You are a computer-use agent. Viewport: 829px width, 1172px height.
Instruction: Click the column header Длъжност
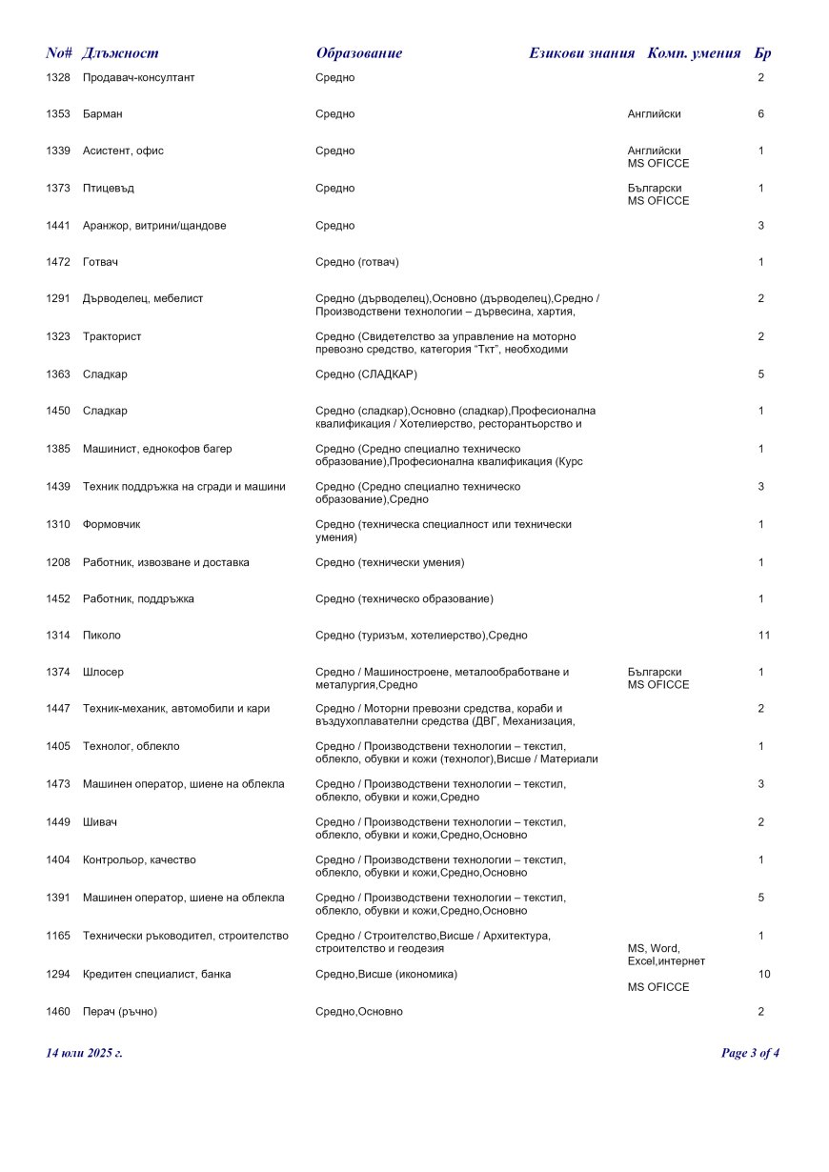tap(120, 53)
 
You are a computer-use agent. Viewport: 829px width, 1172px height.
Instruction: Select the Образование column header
tap(359, 53)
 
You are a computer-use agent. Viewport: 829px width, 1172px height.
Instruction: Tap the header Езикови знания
tap(581, 53)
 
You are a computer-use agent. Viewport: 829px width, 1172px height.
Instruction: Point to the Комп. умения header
tap(694, 53)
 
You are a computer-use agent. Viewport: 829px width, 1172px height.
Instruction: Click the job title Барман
tap(102, 114)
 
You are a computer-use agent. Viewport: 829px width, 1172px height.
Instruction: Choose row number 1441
tap(58, 226)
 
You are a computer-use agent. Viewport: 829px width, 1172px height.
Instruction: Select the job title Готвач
tap(100, 262)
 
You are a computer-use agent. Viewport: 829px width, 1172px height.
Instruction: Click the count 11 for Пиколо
tap(763, 636)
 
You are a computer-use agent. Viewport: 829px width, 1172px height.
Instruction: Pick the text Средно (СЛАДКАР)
tap(366, 374)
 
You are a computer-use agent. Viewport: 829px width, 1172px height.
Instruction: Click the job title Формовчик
tap(111, 525)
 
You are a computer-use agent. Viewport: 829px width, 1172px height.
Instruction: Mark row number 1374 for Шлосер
tap(58, 673)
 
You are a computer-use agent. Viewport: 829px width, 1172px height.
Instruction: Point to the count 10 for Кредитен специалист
tap(763, 975)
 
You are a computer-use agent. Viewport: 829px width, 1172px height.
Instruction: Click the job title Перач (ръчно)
tap(120, 1012)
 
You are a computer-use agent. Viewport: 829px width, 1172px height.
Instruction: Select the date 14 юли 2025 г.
tap(84, 1053)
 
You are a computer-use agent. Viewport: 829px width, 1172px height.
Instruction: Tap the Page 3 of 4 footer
tap(750, 1053)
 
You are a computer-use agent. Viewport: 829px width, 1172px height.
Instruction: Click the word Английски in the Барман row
tap(654, 114)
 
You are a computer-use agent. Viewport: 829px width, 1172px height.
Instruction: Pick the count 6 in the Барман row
tap(761, 114)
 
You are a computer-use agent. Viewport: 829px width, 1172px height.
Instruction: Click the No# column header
tap(59, 53)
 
